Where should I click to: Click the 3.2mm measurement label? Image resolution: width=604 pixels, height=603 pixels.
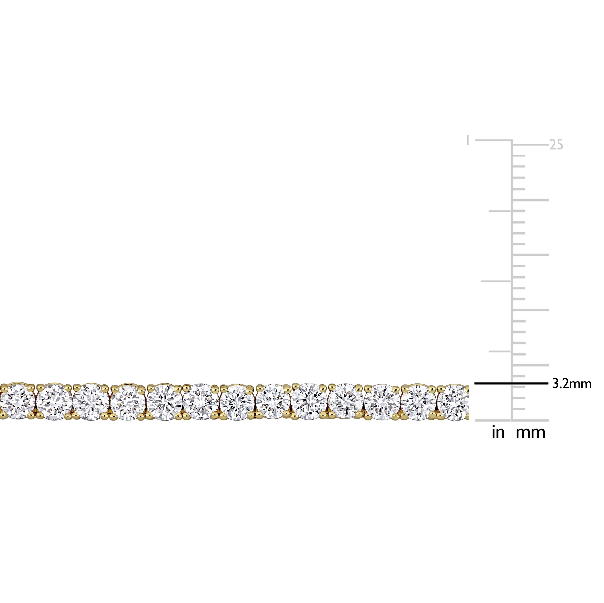point(572,384)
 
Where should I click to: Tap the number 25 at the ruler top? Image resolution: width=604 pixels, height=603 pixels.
point(556,145)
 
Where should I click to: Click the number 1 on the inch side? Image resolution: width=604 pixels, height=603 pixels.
point(468,140)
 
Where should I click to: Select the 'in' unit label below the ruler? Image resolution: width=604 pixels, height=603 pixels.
point(498,432)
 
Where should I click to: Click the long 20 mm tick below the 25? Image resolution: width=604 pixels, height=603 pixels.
point(531,200)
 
